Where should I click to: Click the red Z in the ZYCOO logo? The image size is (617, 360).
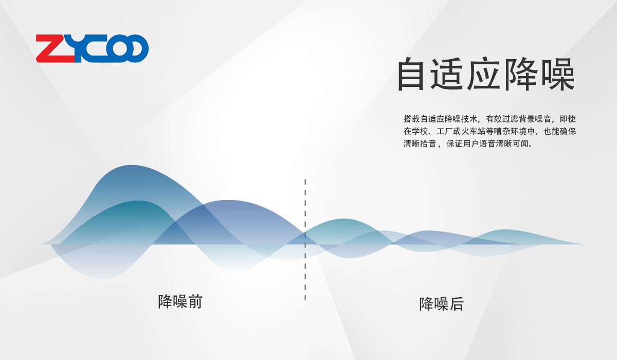[55, 48]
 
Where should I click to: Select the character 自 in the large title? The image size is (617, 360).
[410, 74]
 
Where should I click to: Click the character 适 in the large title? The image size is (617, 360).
[447, 74]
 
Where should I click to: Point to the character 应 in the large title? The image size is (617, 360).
[483, 74]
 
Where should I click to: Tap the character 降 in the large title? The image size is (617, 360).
[520, 74]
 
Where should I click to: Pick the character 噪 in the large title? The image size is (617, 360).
[558, 74]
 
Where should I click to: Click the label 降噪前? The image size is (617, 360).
[180, 301]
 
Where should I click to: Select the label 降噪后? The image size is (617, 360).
[441, 304]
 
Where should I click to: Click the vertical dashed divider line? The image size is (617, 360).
[305, 240]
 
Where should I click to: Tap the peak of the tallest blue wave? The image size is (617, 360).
[132, 166]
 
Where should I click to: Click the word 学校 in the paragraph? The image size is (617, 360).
[420, 131]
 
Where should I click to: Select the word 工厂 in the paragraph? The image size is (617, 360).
[445, 131]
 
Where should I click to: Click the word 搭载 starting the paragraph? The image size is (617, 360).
[412, 119]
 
